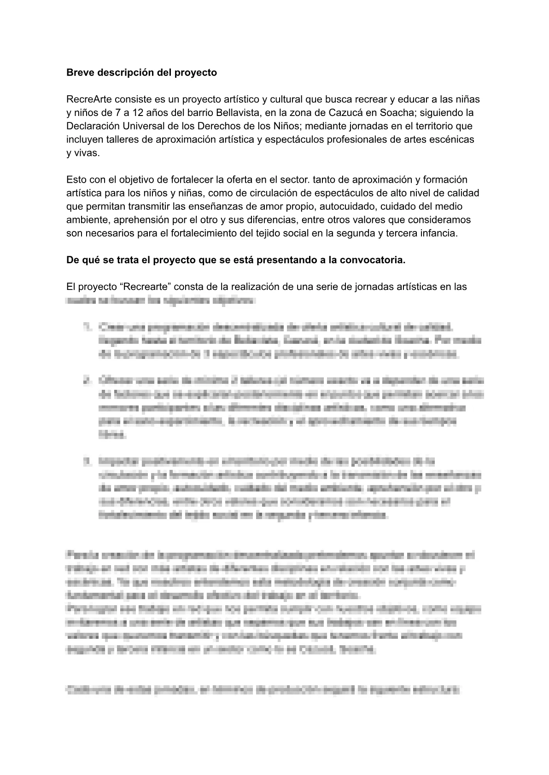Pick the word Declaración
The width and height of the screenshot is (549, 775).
[92, 126]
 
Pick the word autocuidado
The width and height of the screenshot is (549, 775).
[346, 206]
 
